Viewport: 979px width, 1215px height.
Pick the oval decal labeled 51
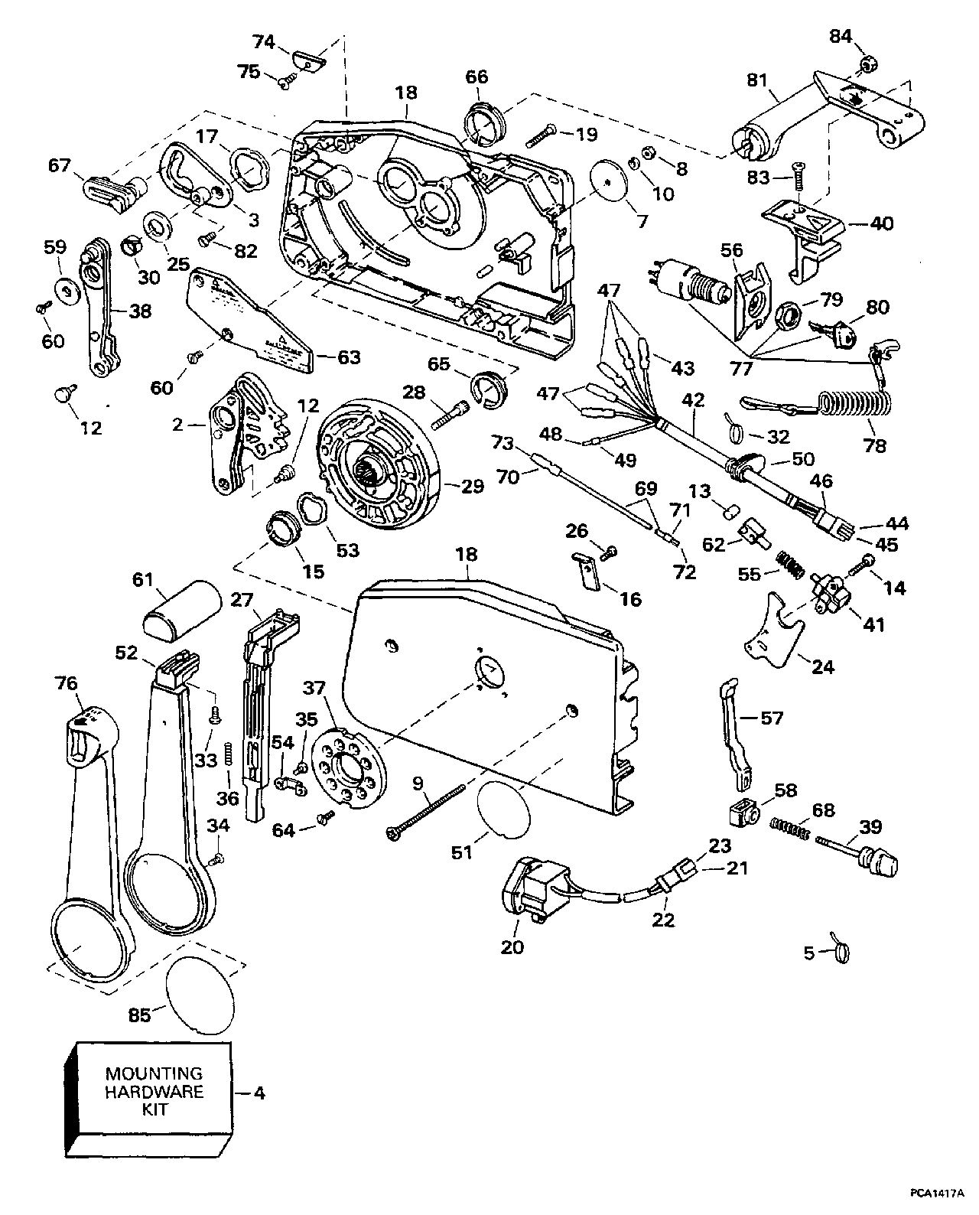[503, 812]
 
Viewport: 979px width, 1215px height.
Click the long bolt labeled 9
[428, 813]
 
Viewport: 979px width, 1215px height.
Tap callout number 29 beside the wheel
[473, 487]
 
